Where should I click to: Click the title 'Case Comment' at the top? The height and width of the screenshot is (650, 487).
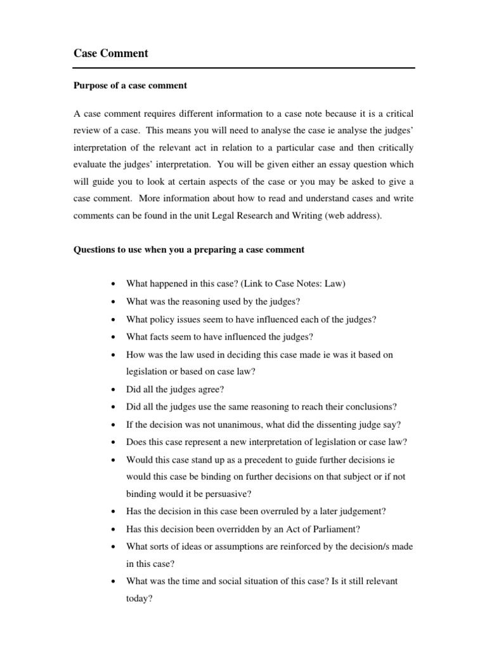(110, 54)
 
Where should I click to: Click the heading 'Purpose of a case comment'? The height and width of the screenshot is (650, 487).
(130, 86)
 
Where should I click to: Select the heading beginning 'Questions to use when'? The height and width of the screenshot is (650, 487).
(189, 249)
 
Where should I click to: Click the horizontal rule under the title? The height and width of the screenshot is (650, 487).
(244, 68)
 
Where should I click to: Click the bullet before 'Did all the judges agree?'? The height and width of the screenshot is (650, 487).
(112, 390)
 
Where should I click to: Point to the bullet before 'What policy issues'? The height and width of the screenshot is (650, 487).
(112, 320)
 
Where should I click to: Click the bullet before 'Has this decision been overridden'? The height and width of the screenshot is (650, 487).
(112, 529)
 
